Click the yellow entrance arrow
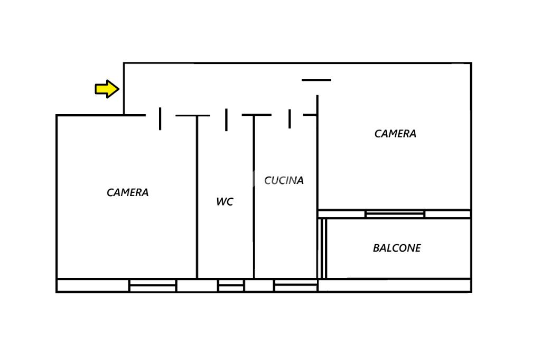pyautogui.click(x=107, y=89)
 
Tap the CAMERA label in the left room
pyautogui.click(x=127, y=192)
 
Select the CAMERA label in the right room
pyautogui.click(x=395, y=134)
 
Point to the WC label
pyautogui.click(x=225, y=201)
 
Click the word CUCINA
pyautogui.click(x=284, y=180)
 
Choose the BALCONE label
pyautogui.click(x=397, y=248)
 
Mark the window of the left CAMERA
pyautogui.click(x=153, y=286)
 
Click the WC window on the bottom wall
pyautogui.click(x=231, y=286)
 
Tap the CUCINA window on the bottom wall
pyautogui.click(x=295, y=286)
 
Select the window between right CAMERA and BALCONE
pyautogui.click(x=395, y=214)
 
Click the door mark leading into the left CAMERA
pyautogui.click(x=160, y=118)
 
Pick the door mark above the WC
pyautogui.click(x=226, y=119)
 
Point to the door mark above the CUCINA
pyautogui.click(x=290, y=118)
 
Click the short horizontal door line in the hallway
pyautogui.click(x=316, y=80)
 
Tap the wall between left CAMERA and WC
pyautogui.click(x=197, y=196)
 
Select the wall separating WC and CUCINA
pyautogui.click(x=254, y=196)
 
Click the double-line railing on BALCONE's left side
pyautogui.click(x=322, y=248)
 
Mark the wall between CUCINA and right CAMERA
pyautogui.click(x=317, y=159)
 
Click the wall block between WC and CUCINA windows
pyautogui.click(x=259, y=286)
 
